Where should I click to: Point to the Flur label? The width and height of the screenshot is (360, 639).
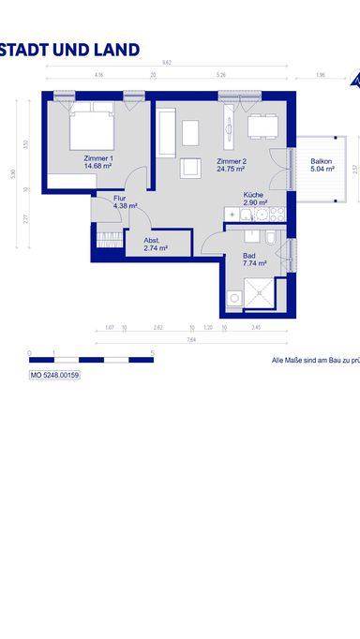click(119, 199)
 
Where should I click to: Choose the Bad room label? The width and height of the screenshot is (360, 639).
click(248, 255)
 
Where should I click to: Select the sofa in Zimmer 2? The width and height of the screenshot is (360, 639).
click(167, 134)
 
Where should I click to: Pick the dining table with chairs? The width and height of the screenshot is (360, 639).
click(262, 126)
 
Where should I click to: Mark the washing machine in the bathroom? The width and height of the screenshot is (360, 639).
click(233, 299)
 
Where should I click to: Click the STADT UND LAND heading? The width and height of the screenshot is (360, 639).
click(70, 50)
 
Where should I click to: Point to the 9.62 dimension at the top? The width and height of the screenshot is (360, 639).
click(166, 62)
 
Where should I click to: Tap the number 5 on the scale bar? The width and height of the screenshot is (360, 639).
click(152, 352)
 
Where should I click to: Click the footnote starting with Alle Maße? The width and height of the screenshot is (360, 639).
click(315, 360)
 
